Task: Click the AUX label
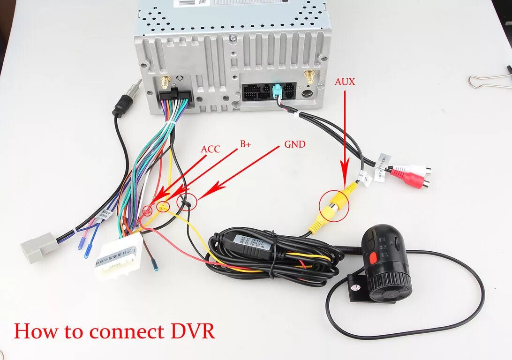click(x=345, y=82)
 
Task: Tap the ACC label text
click(x=210, y=149)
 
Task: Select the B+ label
click(x=246, y=144)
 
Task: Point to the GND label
click(x=294, y=144)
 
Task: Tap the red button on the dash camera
click(x=373, y=257)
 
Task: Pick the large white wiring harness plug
click(x=118, y=256)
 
